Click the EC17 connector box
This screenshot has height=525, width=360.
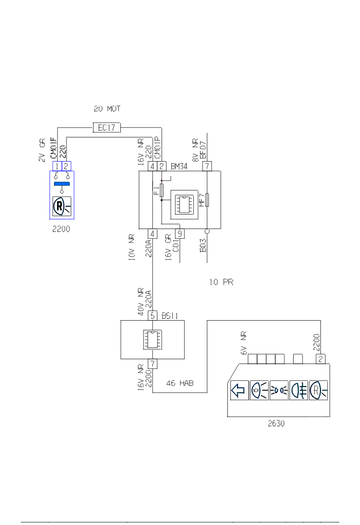(106, 128)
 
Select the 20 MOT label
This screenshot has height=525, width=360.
(107, 109)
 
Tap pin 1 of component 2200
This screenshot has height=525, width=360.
(57, 166)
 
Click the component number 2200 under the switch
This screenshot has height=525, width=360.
(61, 229)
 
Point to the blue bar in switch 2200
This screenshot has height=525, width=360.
(62, 184)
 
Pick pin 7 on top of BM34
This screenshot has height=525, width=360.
(207, 166)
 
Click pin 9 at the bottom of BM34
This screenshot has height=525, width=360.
(180, 233)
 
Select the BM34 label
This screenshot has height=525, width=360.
(179, 166)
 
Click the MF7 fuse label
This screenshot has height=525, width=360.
(202, 200)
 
